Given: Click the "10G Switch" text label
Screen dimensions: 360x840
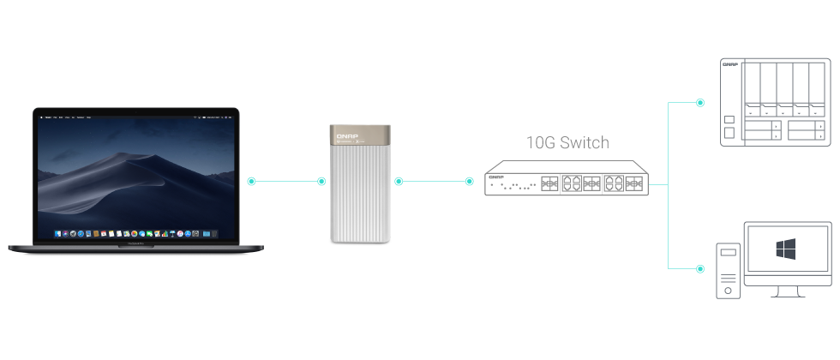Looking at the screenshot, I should tap(567, 142).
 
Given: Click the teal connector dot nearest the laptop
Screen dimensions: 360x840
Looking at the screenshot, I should tap(251, 181).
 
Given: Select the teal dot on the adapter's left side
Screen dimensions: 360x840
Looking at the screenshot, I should tap(321, 181).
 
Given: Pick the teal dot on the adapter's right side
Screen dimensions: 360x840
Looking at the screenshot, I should tap(399, 181).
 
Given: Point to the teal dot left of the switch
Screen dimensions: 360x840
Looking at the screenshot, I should tap(469, 181).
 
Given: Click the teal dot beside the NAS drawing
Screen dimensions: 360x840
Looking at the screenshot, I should tap(700, 103).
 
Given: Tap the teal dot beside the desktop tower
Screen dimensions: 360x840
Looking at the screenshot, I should tap(700, 269).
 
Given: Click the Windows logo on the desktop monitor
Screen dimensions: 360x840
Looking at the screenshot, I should tap(786, 249).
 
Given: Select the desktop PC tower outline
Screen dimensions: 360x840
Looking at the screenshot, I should tap(729, 271).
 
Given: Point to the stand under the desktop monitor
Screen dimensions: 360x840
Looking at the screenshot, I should tap(787, 291).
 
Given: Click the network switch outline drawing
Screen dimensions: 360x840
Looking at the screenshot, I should tap(566, 180).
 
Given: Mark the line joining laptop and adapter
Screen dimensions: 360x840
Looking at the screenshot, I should tap(286, 181).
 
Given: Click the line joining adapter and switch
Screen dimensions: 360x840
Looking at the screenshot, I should tap(434, 181).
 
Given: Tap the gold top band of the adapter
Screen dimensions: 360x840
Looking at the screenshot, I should tap(362, 137).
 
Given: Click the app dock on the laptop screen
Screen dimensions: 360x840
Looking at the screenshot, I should tap(135, 233).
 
